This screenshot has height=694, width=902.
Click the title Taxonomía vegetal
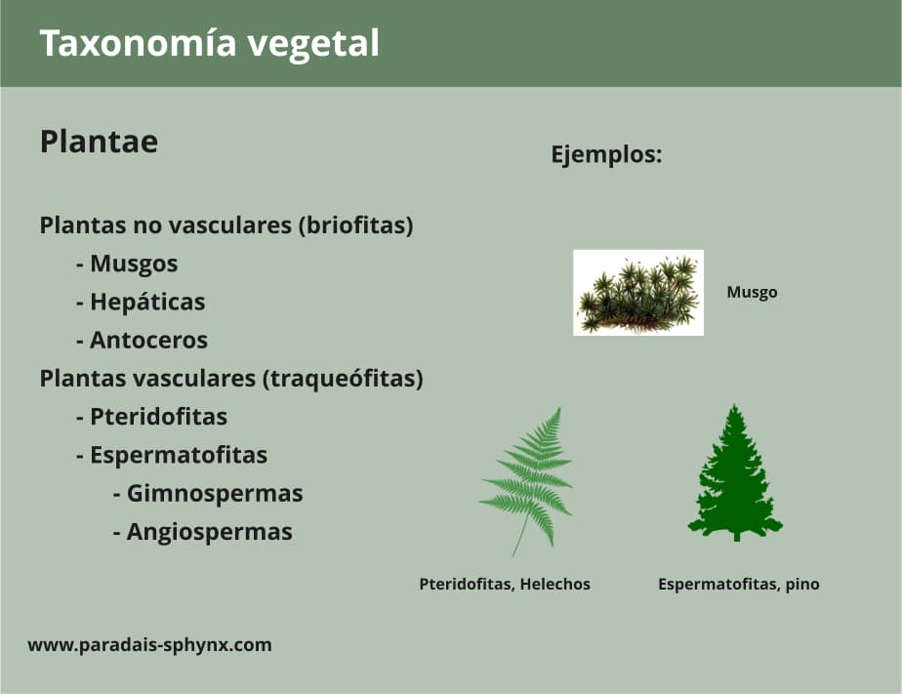(209, 44)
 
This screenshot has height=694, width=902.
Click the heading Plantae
(99, 143)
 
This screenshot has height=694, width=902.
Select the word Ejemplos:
(606, 154)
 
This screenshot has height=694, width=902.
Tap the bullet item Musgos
(134, 264)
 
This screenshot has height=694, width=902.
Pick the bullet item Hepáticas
(147, 302)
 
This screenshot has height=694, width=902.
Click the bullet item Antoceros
(148, 340)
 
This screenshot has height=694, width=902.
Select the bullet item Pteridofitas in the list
(158, 417)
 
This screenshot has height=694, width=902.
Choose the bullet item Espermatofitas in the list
(178, 455)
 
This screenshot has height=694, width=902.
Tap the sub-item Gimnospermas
(214, 494)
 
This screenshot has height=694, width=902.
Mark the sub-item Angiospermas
(209, 532)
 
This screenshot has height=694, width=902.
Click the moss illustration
(637, 292)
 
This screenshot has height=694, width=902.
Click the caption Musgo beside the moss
(752, 292)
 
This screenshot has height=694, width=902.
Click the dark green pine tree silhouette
(734, 474)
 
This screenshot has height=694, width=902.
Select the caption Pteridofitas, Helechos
(505, 585)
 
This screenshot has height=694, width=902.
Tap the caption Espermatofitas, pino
(738, 585)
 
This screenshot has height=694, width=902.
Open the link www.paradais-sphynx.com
(149, 645)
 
